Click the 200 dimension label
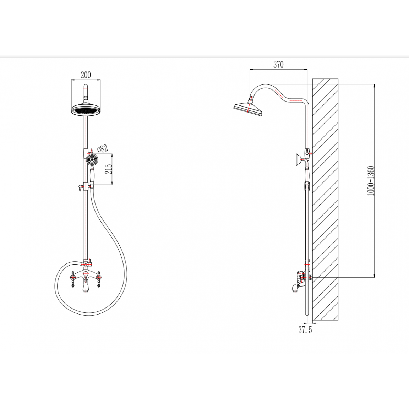click(86, 75)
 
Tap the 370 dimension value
click(278, 64)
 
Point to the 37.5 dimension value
click(305, 330)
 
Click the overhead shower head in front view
click(86, 109)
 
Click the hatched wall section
click(325, 200)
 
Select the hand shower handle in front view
click(92, 175)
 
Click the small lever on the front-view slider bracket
click(79, 187)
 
